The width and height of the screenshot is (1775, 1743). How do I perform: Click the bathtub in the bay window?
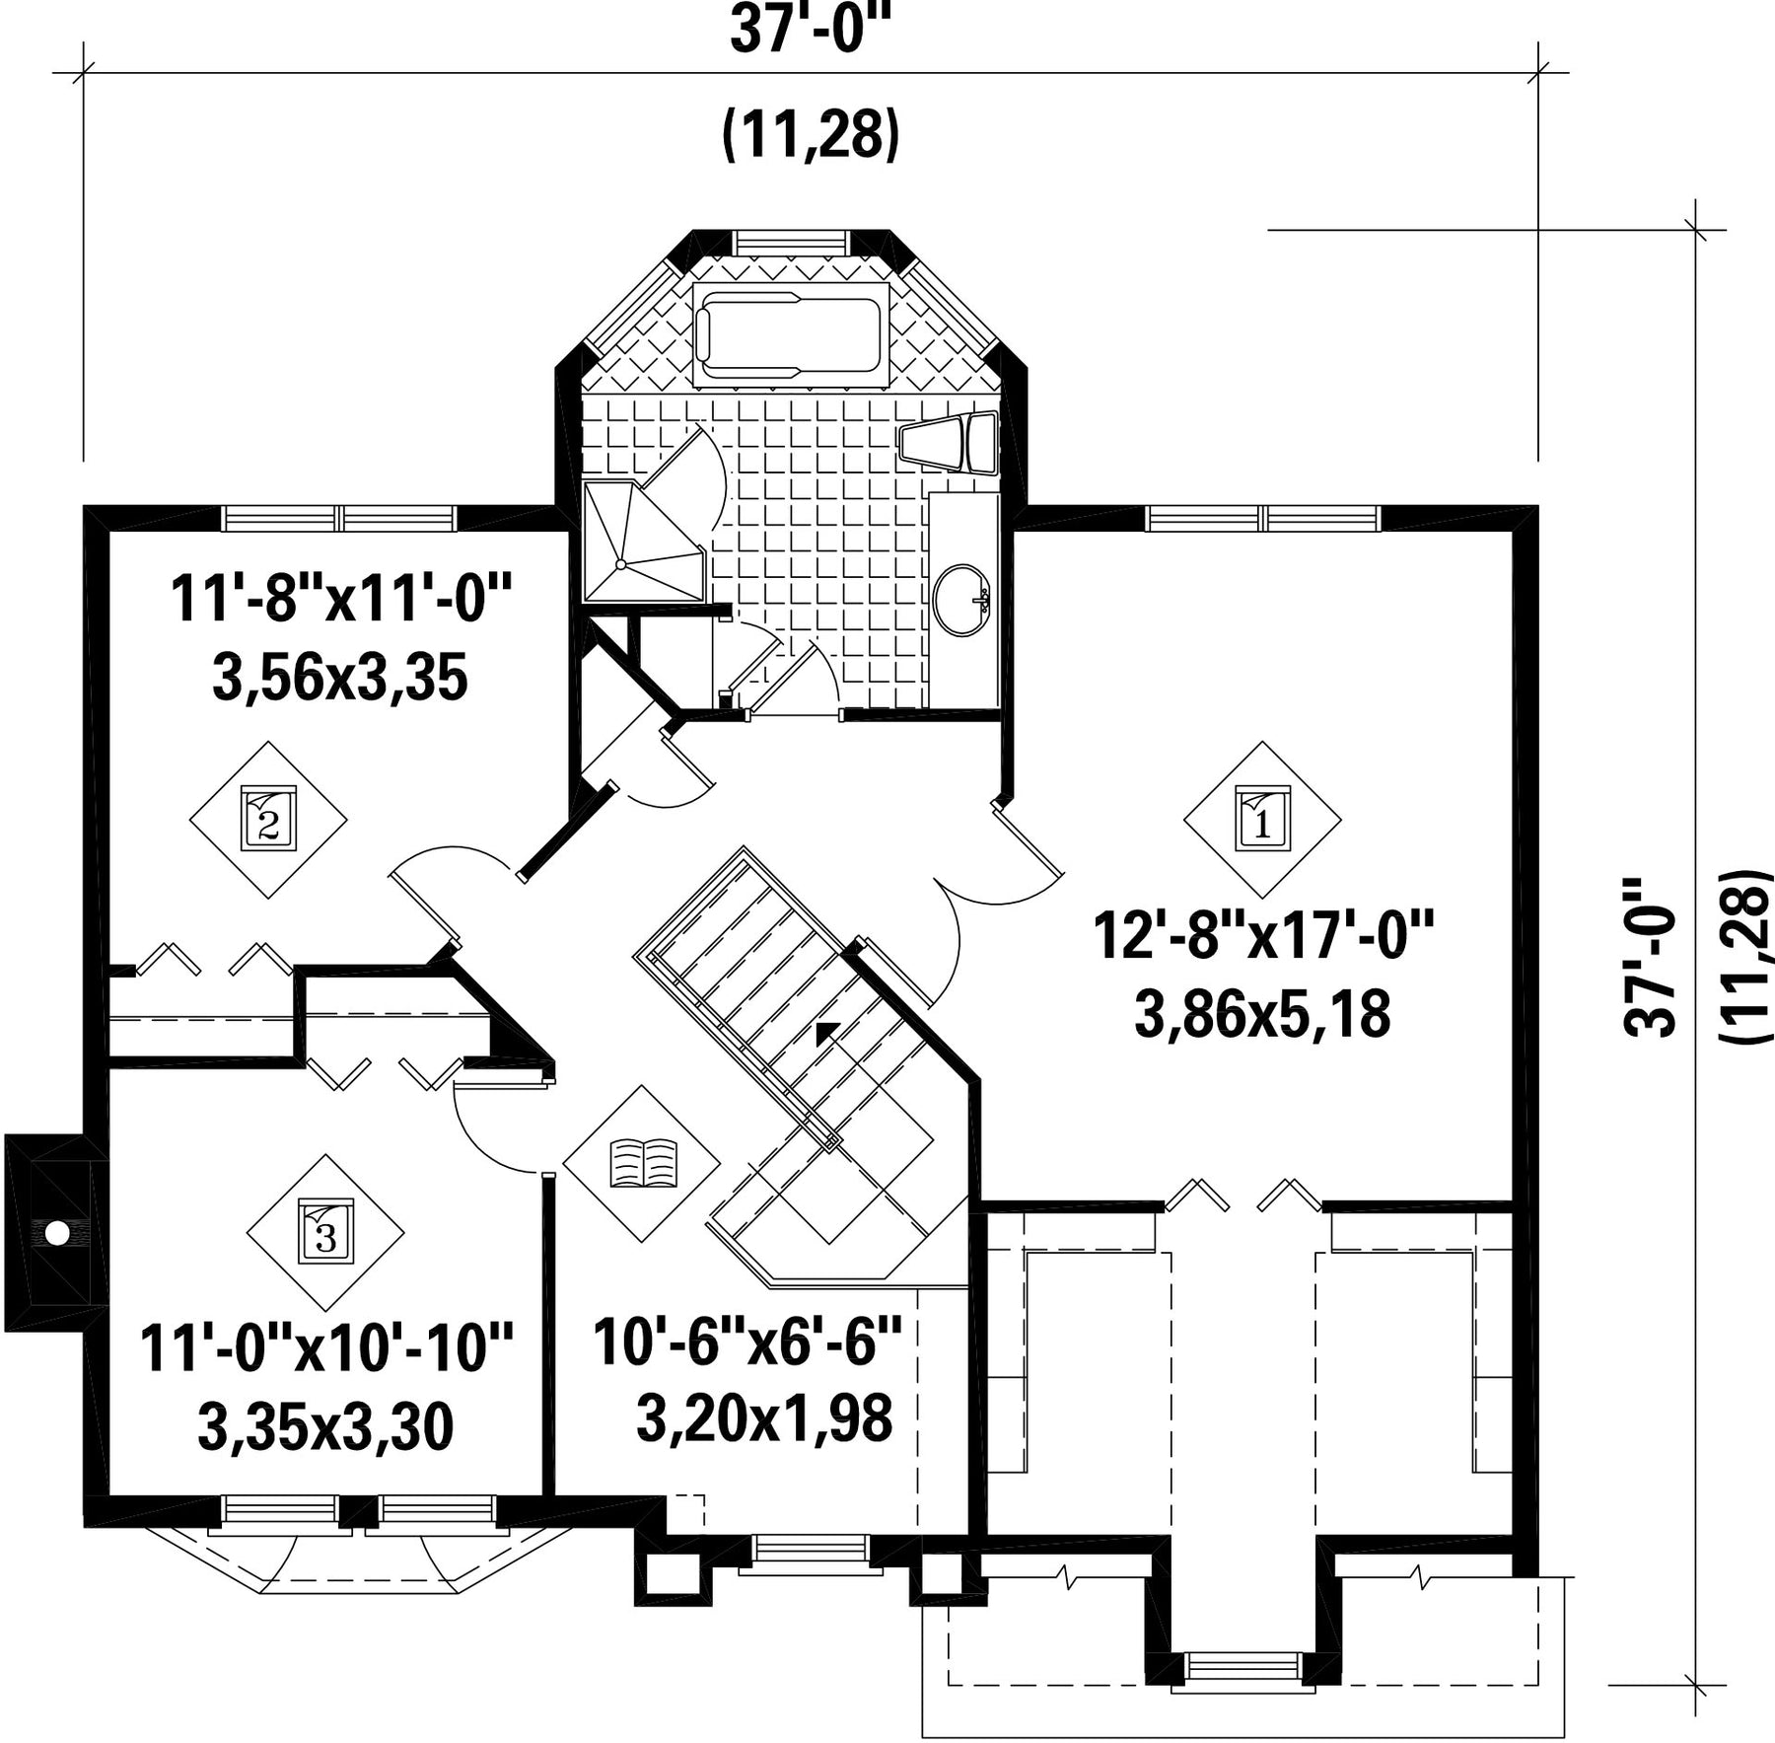pyautogui.click(x=791, y=335)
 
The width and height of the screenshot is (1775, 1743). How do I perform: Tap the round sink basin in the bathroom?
pyautogui.click(x=962, y=599)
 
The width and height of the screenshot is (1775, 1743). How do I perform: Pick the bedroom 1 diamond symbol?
pyautogui.click(x=1262, y=819)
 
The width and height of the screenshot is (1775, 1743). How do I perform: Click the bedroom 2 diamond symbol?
pyautogui.click(x=268, y=819)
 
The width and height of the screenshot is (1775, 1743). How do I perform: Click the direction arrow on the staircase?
pyautogui.click(x=826, y=1032)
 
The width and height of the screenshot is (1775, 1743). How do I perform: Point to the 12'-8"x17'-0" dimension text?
pyautogui.click(x=1262, y=935)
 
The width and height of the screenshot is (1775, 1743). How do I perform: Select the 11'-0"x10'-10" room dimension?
pyautogui.click(x=326, y=1348)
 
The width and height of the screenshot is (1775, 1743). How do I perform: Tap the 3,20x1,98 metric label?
pyautogui.click(x=764, y=1417)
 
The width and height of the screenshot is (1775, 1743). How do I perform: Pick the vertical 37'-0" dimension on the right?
pyautogui.click(x=1650, y=957)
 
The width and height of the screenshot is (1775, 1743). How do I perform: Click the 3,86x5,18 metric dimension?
pyautogui.click(x=1263, y=1014)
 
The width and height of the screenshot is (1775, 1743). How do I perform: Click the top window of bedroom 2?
pyautogui.click(x=340, y=518)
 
